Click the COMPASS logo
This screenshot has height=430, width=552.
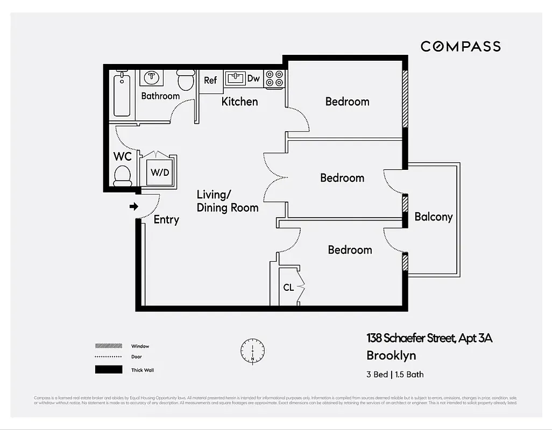coord(461,46)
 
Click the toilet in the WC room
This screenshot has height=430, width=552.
coord(123,175)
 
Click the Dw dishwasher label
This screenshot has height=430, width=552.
coord(253,79)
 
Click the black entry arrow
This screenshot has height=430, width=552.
coord(134,206)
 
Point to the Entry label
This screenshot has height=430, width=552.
coord(166,219)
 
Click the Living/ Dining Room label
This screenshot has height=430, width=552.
coord(227,201)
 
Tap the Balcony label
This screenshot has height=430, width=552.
coord(434,217)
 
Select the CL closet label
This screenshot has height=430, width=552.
coord(288,288)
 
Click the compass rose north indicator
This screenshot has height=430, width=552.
coord(252,350)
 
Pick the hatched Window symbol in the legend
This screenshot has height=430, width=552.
coord(108,346)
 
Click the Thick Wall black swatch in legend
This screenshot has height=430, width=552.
coord(108,370)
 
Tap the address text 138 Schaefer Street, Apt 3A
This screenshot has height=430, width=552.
coord(429,338)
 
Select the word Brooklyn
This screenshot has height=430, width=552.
coord(391,355)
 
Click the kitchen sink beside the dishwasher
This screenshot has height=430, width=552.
coord(235,78)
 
